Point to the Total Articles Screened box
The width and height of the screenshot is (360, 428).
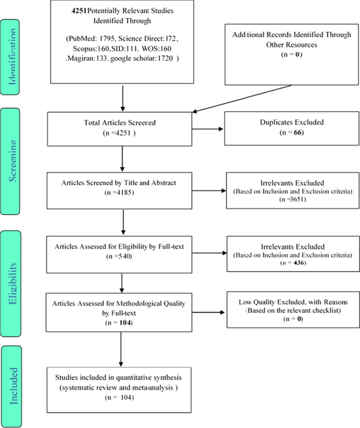coord(122,128)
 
